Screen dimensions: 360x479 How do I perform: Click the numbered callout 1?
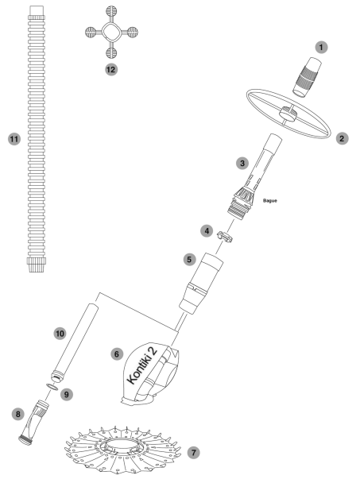(321, 48)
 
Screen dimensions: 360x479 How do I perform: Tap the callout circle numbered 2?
(342, 138)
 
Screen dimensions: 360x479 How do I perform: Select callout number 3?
(242, 163)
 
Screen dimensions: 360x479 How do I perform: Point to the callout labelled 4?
(207, 230)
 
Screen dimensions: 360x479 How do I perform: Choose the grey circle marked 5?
(189, 260)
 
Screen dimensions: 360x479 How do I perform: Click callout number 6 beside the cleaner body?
(117, 354)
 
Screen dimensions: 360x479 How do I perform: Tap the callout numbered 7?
(193, 452)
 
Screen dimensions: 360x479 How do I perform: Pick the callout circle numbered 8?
(18, 414)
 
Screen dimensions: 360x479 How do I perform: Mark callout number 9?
(67, 394)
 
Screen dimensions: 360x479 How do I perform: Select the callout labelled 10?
(60, 334)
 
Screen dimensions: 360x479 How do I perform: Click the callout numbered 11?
(14, 139)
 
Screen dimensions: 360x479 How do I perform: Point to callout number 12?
(111, 70)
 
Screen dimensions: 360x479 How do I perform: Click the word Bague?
(270, 201)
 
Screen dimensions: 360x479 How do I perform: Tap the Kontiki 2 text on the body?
(141, 365)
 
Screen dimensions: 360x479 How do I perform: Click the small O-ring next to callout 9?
(52, 387)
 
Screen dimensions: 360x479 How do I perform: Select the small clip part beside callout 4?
(225, 237)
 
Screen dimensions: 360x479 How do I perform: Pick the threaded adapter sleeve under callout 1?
(307, 78)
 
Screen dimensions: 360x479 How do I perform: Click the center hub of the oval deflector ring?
(288, 113)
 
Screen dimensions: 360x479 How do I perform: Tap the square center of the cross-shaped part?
(111, 32)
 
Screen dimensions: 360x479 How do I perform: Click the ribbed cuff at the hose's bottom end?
(37, 265)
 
